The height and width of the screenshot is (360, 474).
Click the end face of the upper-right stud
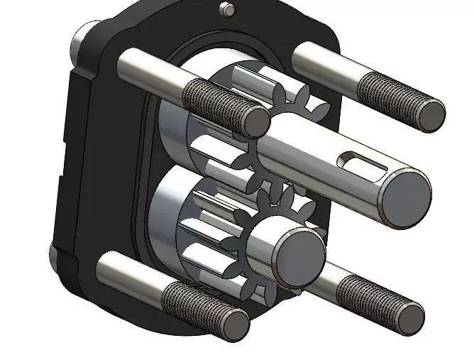(x=430, y=115)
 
